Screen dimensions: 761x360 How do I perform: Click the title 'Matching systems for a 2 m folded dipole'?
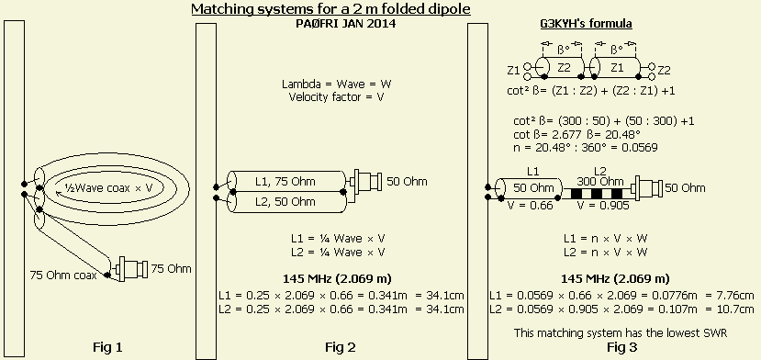pos(331,9)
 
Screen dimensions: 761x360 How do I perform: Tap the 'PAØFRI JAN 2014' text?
pos(345,23)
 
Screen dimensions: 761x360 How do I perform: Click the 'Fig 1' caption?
pos(107,347)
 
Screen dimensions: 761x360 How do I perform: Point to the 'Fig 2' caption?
pos(341,347)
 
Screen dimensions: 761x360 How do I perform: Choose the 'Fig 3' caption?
pos(621,347)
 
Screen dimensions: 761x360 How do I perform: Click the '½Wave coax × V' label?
pos(106,187)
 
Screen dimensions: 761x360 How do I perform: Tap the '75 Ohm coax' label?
pos(63,275)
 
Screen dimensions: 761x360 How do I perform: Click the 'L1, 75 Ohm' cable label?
pos(285,182)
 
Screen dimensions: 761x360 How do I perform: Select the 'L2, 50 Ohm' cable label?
pos(285,201)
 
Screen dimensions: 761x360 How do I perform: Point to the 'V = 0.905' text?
pos(603,206)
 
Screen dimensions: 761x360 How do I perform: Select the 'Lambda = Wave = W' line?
pos(336,84)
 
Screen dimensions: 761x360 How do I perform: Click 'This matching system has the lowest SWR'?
pos(621,332)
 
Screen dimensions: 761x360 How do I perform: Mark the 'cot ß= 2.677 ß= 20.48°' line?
pos(577,134)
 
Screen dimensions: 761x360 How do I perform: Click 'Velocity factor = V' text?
pos(336,97)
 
